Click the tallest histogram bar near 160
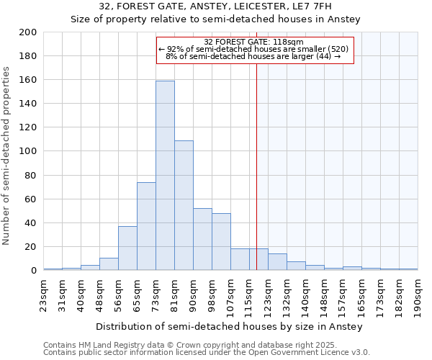[x=165, y=176]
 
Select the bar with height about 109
[x=184, y=205]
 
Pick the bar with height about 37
[x=127, y=248]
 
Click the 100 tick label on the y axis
[x=28, y=151]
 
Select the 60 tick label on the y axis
[x=31, y=199]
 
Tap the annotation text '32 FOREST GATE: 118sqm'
[x=253, y=42]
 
